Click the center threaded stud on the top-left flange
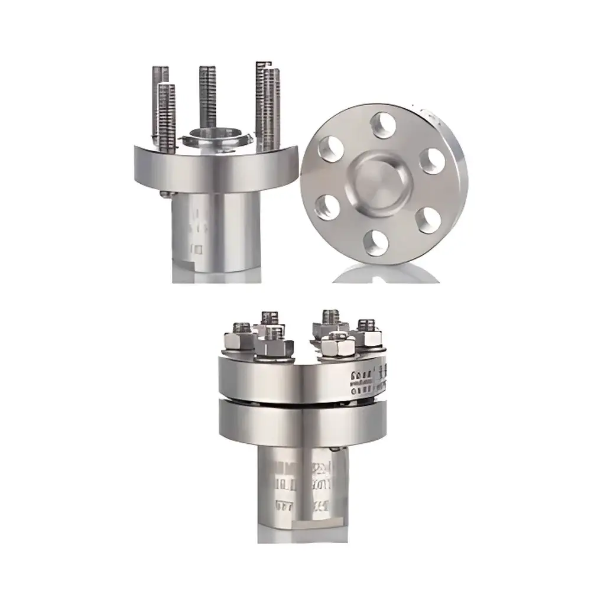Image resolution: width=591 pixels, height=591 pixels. tap(207, 95)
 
